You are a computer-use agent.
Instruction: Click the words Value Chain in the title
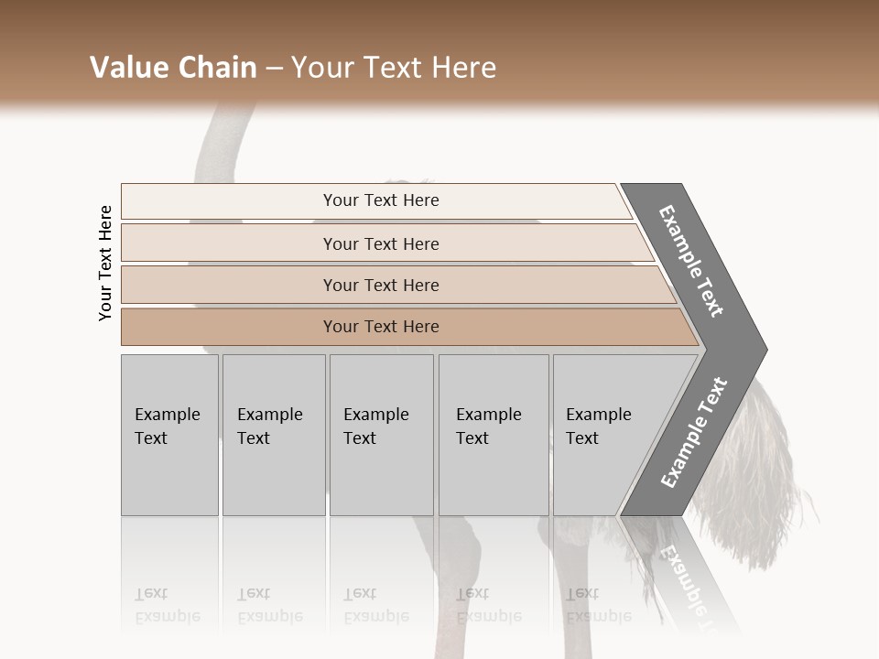click(173, 68)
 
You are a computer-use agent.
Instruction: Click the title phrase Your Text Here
click(394, 68)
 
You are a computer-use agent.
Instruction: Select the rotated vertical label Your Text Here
click(105, 263)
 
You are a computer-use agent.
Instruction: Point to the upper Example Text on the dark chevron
click(691, 261)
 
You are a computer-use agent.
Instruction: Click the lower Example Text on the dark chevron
click(693, 432)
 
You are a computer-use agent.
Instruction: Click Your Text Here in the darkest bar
click(381, 327)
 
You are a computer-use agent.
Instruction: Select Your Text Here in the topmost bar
click(381, 200)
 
